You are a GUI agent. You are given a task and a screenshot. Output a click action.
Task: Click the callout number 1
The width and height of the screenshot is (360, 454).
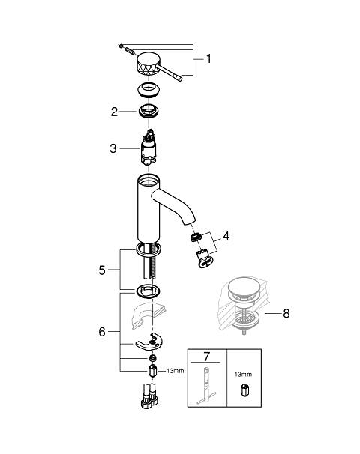tap(208, 59)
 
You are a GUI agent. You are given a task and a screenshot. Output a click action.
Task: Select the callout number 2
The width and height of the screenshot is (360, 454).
tap(114, 112)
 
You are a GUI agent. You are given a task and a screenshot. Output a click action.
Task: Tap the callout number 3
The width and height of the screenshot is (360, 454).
tap(113, 148)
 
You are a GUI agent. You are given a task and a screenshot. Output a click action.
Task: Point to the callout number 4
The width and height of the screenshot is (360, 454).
tap(226, 236)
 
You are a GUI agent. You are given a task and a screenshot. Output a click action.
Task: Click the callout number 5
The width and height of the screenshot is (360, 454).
tap(102, 270)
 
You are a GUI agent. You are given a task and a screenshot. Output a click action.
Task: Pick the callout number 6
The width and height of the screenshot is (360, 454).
tap(102, 332)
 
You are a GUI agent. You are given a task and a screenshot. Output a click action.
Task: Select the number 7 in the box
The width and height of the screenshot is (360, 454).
tap(206, 357)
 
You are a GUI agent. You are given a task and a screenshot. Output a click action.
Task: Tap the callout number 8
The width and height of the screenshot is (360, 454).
tap(286, 313)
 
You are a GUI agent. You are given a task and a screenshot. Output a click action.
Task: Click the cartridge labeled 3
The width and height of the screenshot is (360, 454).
tap(148, 148)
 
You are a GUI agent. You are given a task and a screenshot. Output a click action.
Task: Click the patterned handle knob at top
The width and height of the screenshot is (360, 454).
tap(148, 64)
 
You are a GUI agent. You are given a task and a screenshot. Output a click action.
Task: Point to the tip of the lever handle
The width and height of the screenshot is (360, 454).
tap(180, 79)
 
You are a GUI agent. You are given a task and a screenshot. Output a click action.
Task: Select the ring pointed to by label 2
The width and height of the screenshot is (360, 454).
tap(148, 112)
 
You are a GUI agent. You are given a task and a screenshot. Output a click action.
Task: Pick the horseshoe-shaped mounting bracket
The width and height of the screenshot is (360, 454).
tap(149, 342)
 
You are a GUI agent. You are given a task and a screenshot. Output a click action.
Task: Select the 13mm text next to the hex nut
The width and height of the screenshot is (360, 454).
tap(175, 371)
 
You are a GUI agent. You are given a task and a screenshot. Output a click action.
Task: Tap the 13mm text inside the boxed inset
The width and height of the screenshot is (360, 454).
tap(243, 375)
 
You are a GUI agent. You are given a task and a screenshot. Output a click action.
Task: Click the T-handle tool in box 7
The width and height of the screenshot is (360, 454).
tap(206, 385)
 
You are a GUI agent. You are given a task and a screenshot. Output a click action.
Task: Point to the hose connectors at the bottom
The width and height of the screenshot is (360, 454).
tap(150, 396)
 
